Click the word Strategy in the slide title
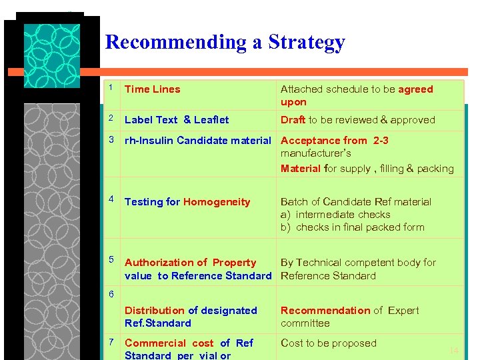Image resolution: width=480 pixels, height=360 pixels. click(x=307, y=43)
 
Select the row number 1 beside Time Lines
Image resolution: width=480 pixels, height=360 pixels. click(x=112, y=88)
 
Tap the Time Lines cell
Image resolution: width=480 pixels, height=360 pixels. click(x=153, y=89)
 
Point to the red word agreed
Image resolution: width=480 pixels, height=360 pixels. click(x=415, y=89)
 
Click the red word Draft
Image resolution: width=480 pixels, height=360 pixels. click(x=293, y=120)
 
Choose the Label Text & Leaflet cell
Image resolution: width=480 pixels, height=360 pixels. click(x=177, y=120)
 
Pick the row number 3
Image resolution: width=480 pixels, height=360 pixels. click(x=112, y=140)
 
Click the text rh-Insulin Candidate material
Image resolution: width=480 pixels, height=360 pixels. click(x=197, y=141)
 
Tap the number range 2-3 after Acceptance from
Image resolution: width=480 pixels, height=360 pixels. click(x=381, y=141)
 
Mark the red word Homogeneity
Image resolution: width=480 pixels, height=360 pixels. click(x=217, y=202)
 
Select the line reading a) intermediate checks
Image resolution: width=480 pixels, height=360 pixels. click(x=335, y=215)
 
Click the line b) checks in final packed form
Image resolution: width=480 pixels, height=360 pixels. click(x=352, y=227)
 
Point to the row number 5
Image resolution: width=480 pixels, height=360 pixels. click(x=112, y=259)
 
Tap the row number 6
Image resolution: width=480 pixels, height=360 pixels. click(x=112, y=294)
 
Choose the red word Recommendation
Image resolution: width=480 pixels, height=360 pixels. click(x=325, y=311)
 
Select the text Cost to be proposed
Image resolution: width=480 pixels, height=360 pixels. click(x=329, y=343)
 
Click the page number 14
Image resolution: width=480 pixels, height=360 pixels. click(x=454, y=351)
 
